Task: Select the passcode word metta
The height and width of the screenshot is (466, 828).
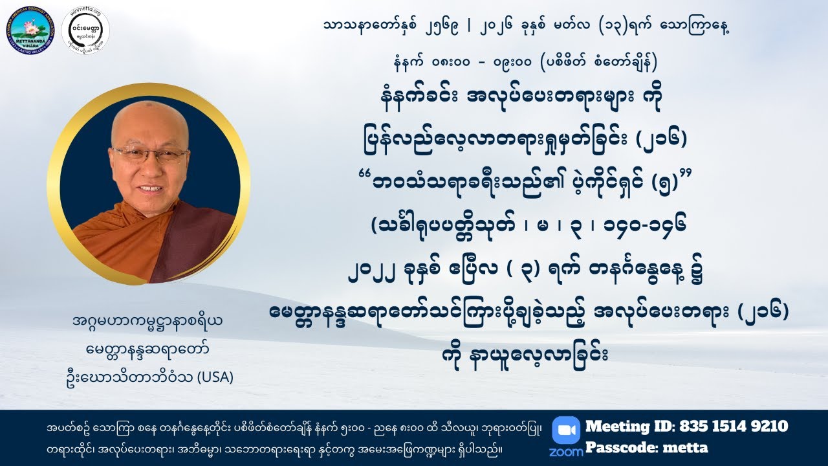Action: point(688,447)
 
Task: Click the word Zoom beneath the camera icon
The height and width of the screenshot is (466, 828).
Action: point(566,451)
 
